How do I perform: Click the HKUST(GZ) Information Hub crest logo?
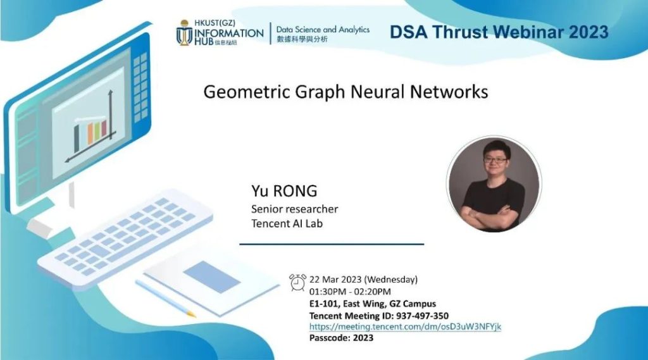click(184, 33)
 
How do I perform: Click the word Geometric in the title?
click(247, 91)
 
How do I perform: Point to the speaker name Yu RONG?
click(284, 190)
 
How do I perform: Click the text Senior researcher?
click(295, 209)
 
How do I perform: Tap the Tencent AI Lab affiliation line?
click(287, 223)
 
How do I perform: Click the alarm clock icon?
click(297, 283)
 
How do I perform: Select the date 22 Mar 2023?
click(335, 280)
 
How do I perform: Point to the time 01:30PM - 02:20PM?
click(350, 292)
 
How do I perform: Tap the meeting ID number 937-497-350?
click(422, 316)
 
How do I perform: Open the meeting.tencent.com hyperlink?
click(405, 326)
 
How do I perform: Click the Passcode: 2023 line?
click(341, 338)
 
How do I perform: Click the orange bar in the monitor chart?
click(90, 133)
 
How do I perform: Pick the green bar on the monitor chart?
click(97, 130)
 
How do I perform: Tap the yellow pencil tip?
click(191, 314)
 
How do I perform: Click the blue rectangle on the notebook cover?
click(211, 277)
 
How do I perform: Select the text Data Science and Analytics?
click(323, 30)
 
